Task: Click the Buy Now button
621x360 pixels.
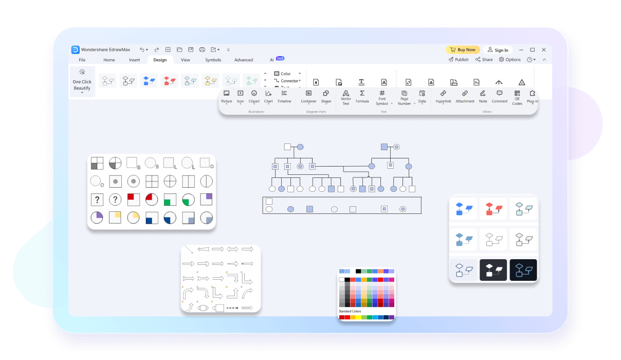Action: [463, 50]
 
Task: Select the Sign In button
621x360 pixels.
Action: [498, 50]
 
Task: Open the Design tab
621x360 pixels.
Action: [160, 60]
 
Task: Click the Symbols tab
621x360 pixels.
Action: [213, 60]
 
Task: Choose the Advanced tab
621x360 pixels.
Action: [244, 60]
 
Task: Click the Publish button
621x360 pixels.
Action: [459, 60]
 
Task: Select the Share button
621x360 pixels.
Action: [484, 60]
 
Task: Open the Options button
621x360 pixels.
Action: [510, 60]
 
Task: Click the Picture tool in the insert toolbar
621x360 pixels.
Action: [227, 96]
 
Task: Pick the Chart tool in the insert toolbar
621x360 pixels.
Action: [268, 96]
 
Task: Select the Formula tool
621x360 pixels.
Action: [362, 96]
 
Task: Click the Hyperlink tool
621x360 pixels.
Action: [443, 96]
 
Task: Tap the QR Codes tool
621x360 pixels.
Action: [517, 97]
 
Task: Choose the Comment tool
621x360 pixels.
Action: [499, 96]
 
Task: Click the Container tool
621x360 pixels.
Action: [308, 96]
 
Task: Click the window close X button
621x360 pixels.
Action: [543, 50]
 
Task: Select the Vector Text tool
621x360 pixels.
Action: [346, 97]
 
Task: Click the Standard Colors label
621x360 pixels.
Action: [350, 311]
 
